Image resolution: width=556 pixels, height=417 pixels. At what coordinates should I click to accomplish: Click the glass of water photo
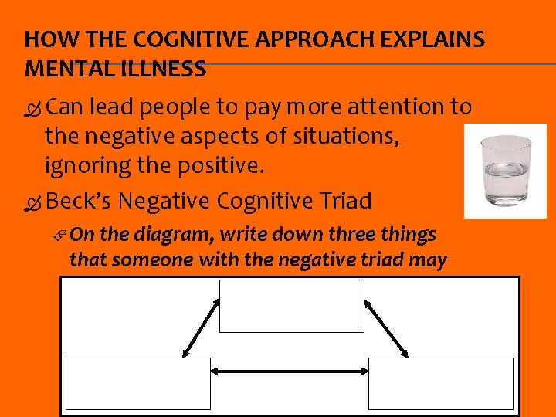[505, 171]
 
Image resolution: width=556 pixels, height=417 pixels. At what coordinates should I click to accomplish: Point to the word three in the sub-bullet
[342, 235]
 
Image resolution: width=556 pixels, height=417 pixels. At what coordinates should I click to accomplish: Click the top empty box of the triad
[292, 306]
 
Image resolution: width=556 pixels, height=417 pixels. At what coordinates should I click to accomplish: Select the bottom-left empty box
[138, 383]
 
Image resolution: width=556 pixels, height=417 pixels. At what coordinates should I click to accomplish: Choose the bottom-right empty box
[441, 383]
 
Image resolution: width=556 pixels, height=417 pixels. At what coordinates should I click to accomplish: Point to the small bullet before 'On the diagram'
[65, 235]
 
